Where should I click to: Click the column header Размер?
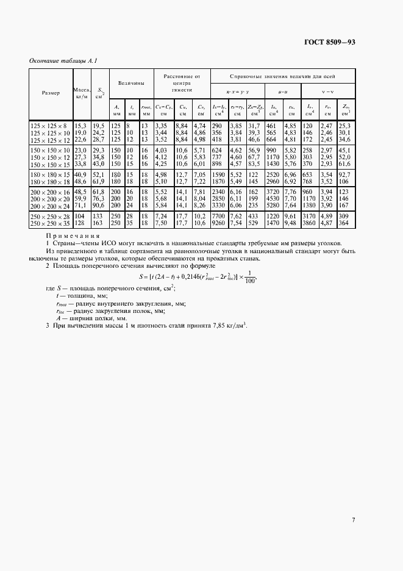click(x=51, y=93)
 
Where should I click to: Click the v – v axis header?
click(x=328, y=92)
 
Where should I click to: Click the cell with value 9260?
click(x=218, y=223)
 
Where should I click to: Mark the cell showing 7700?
click(x=218, y=216)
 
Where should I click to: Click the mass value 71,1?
click(x=80, y=206)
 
